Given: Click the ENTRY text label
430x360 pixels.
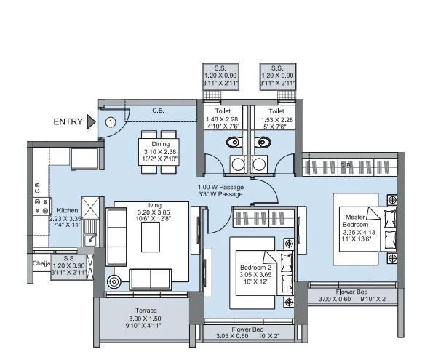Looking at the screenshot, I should coord(67,121).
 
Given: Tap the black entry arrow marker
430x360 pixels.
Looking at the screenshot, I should coord(91,121).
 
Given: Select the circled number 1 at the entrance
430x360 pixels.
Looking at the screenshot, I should coord(110,122).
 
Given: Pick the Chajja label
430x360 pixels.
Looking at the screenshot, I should coord(41,263).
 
